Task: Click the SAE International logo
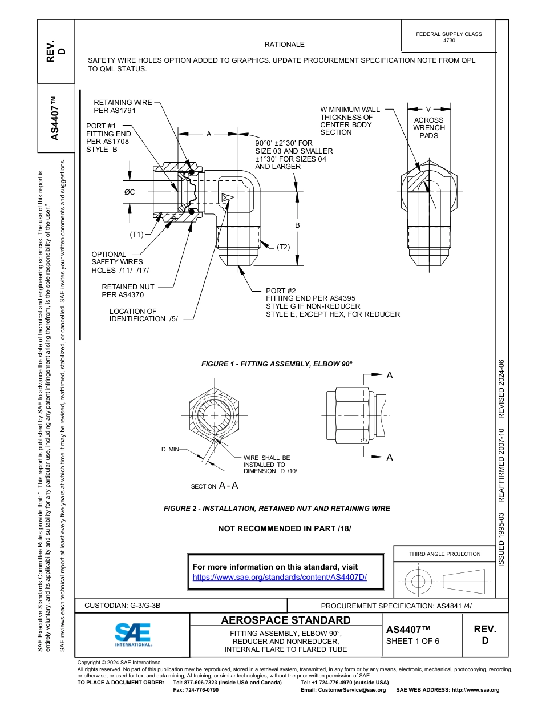[132, 634]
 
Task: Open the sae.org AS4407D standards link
[280, 577]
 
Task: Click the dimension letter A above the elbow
[209, 134]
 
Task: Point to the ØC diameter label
[130, 192]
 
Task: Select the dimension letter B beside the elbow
[297, 226]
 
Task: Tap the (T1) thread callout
[137, 234]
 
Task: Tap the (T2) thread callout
[284, 247]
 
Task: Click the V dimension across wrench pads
[428, 108]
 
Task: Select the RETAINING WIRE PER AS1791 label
[123, 107]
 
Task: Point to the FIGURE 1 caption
[277, 364]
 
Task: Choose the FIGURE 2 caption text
[277, 508]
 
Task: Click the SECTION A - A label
[214, 486]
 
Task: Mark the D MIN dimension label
[170, 450]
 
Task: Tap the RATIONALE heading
[284, 44]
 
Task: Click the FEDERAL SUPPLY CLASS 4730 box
[448, 37]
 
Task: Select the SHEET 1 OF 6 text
[412, 640]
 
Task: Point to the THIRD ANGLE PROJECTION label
[444, 554]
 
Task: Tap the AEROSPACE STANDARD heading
[286, 620]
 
